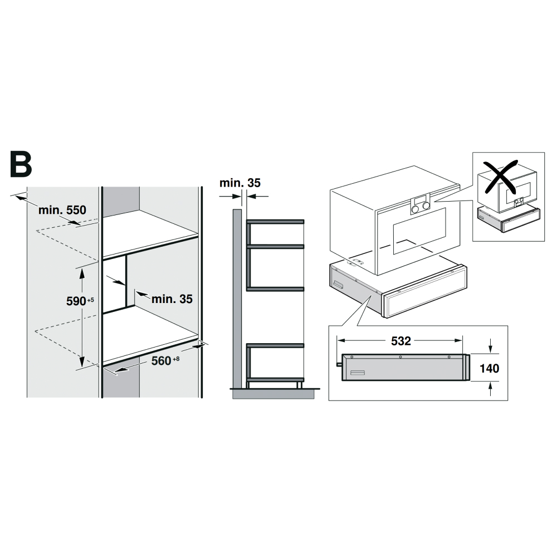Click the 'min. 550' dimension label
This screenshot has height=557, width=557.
62,210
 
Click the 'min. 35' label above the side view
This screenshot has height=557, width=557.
240,183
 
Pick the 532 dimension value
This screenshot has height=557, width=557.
401,341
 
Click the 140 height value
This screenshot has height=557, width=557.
489,368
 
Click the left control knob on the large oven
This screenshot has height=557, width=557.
416,208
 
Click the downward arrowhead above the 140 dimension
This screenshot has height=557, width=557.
490,349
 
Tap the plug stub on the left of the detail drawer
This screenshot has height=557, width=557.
338,364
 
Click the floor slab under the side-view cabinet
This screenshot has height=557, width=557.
276,393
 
